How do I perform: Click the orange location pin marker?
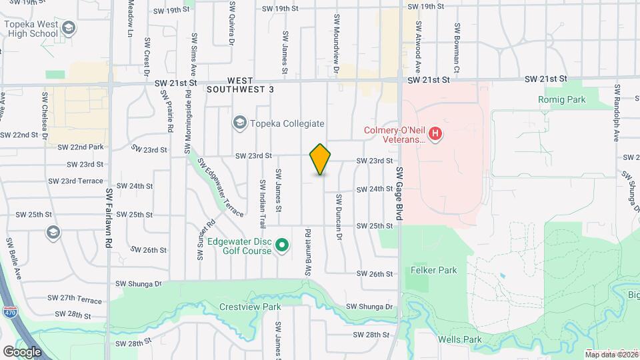click(x=321, y=159)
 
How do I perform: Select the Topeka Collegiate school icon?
click(x=239, y=123)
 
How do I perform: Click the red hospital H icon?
click(x=435, y=134)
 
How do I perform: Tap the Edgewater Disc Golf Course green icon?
click(x=282, y=246)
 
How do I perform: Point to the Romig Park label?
click(x=561, y=99)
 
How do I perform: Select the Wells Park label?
click(x=459, y=339)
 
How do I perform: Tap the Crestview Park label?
click(x=250, y=307)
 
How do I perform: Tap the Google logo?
click(x=22, y=351)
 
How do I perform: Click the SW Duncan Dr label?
click(x=339, y=217)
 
